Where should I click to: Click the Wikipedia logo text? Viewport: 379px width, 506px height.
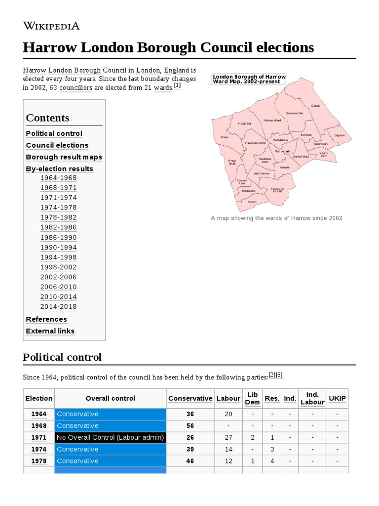[x=51, y=26]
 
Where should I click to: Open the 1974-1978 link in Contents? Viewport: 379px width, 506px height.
[x=58, y=208]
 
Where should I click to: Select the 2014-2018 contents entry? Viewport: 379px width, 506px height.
[x=58, y=307]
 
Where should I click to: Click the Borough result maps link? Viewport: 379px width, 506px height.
[x=64, y=157]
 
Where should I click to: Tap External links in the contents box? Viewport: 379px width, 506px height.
[x=50, y=331]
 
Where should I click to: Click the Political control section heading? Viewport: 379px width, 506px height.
[x=62, y=357]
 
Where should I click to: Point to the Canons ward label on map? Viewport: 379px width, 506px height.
[x=315, y=106]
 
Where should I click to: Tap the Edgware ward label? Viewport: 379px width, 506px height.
[x=340, y=135]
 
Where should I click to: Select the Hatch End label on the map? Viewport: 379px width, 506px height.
[x=244, y=124]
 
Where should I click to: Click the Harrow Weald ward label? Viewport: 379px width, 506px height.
[x=272, y=120]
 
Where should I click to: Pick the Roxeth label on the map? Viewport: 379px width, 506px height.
[x=252, y=202]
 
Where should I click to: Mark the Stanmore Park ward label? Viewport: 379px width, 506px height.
[x=295, y=113]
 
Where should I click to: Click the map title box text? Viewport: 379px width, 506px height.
[x=249, y=79]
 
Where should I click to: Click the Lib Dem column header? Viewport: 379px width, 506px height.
[x=252, y=398]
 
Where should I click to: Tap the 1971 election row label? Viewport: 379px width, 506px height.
[x=38, y=437]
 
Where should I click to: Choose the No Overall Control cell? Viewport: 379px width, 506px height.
[x=110, y=437]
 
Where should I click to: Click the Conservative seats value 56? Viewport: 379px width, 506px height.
[x=190, y=425]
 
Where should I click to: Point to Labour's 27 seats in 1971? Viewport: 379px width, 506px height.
[x=228, y=437]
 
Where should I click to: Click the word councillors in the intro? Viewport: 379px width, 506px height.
[x=76, y=87]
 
